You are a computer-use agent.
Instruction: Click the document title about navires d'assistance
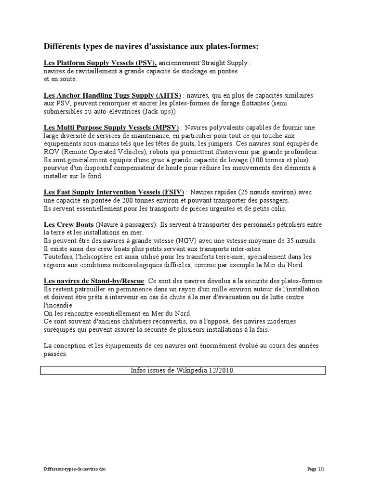coord(151,46)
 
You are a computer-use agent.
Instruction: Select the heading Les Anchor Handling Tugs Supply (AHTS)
coord(112,95)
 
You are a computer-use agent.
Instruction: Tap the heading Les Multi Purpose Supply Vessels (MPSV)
coord(111,128)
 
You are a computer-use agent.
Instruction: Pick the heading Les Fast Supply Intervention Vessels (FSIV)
coord(114,192)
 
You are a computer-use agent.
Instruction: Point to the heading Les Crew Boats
coord(68,225)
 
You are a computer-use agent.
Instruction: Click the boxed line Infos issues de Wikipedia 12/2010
coord(183,370)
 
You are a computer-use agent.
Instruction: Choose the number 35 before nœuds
coord(294,241)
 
